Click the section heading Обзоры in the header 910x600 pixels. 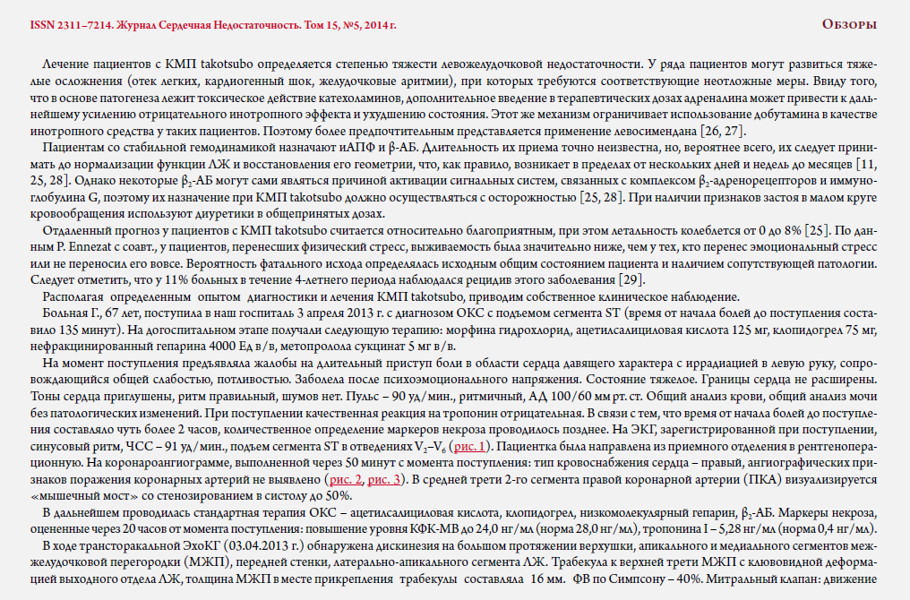pos(849,24)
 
